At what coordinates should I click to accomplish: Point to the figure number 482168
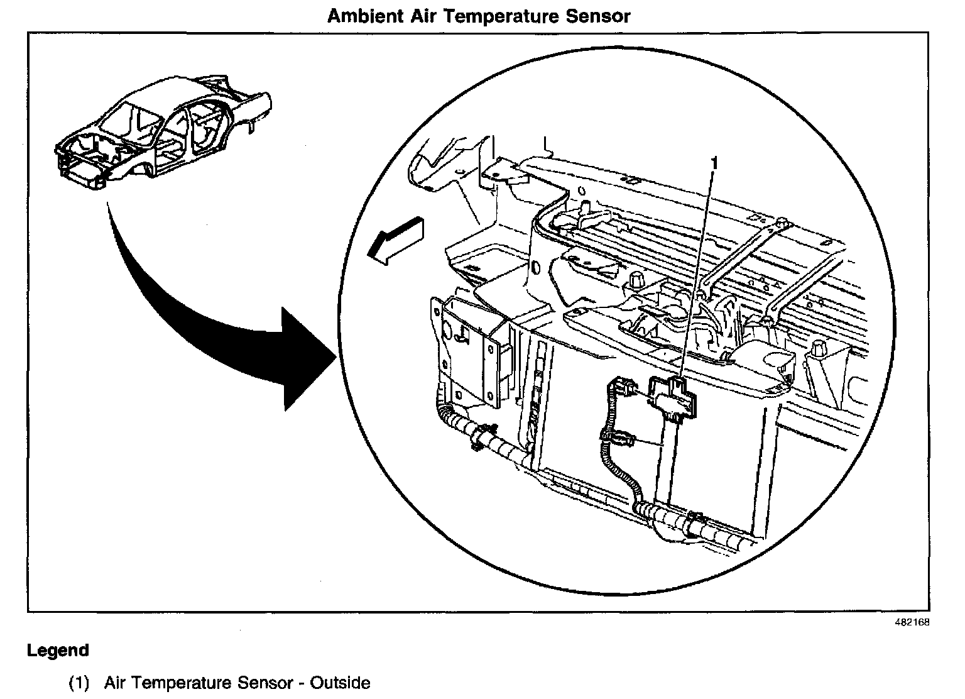click(x=912, y=623)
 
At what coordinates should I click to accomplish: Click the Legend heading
click(x=58, y=651)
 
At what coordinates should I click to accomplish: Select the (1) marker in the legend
click(x=79, y=683)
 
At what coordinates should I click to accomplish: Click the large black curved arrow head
click(x=305, y=358)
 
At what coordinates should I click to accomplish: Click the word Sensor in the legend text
click(x=265, y=683)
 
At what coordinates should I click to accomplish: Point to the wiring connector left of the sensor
click(x=619, y=385)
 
